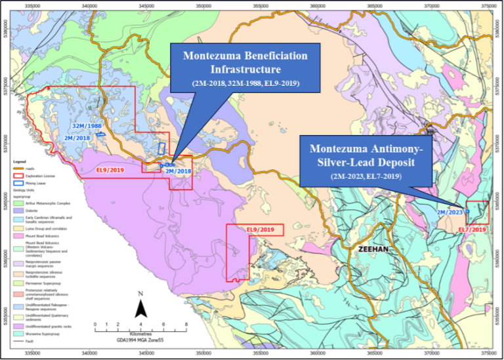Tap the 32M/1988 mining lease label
coord(87,125)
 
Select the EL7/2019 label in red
coord(471,230)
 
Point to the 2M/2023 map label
coord(450,212)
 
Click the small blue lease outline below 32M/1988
coord(100,134)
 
